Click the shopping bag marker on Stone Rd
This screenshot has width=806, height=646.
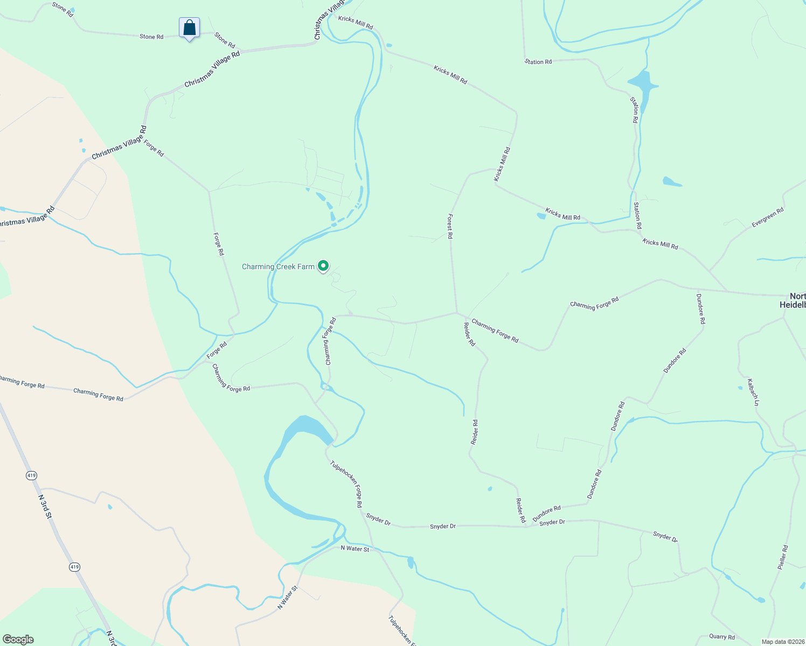tap(189, 27)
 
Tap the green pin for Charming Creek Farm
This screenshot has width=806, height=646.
tap(323, 265)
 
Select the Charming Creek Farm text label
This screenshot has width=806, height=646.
tap(278, 266)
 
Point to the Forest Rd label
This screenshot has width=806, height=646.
tap(450, 226)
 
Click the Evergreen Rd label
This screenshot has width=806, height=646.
tap(768, 218)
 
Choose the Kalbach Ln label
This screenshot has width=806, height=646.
tap(753, 392)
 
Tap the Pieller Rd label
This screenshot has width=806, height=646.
tap(783, 558)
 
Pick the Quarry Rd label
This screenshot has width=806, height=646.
tap(722, 637)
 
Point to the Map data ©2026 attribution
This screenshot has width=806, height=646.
tap(782, 642)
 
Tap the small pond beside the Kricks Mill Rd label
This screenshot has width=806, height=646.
tap(541, 216)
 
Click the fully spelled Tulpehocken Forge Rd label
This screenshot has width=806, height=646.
tap(345, 483)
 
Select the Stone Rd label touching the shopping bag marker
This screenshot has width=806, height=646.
tap(151, 37)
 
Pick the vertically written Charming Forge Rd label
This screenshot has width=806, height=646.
tap(330, 341)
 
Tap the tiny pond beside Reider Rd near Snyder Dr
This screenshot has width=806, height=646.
tap(490, 489)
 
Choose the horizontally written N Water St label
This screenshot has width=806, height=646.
tap(355, 549)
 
